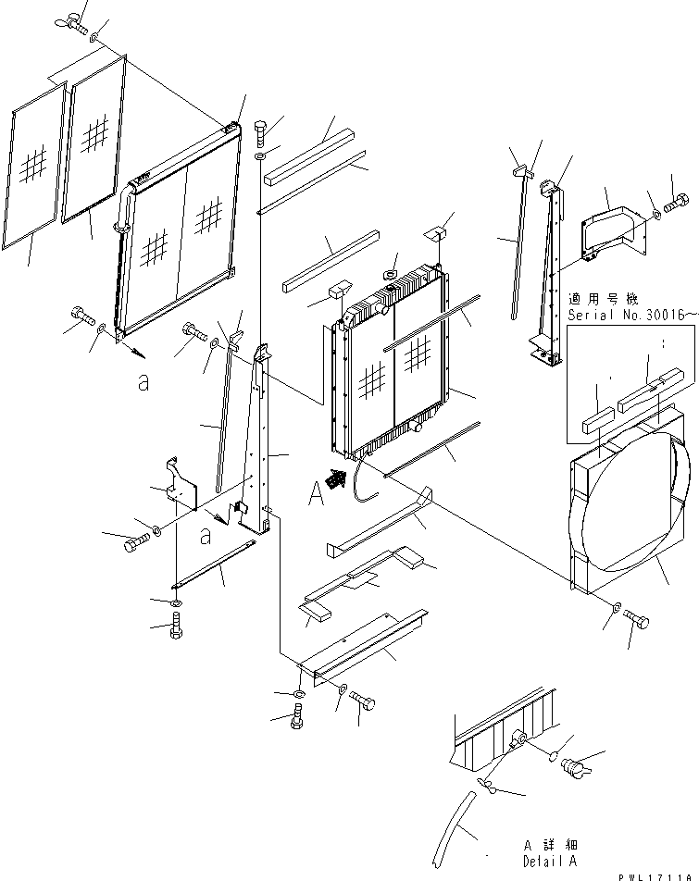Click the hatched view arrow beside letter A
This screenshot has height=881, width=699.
pos(340,478)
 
